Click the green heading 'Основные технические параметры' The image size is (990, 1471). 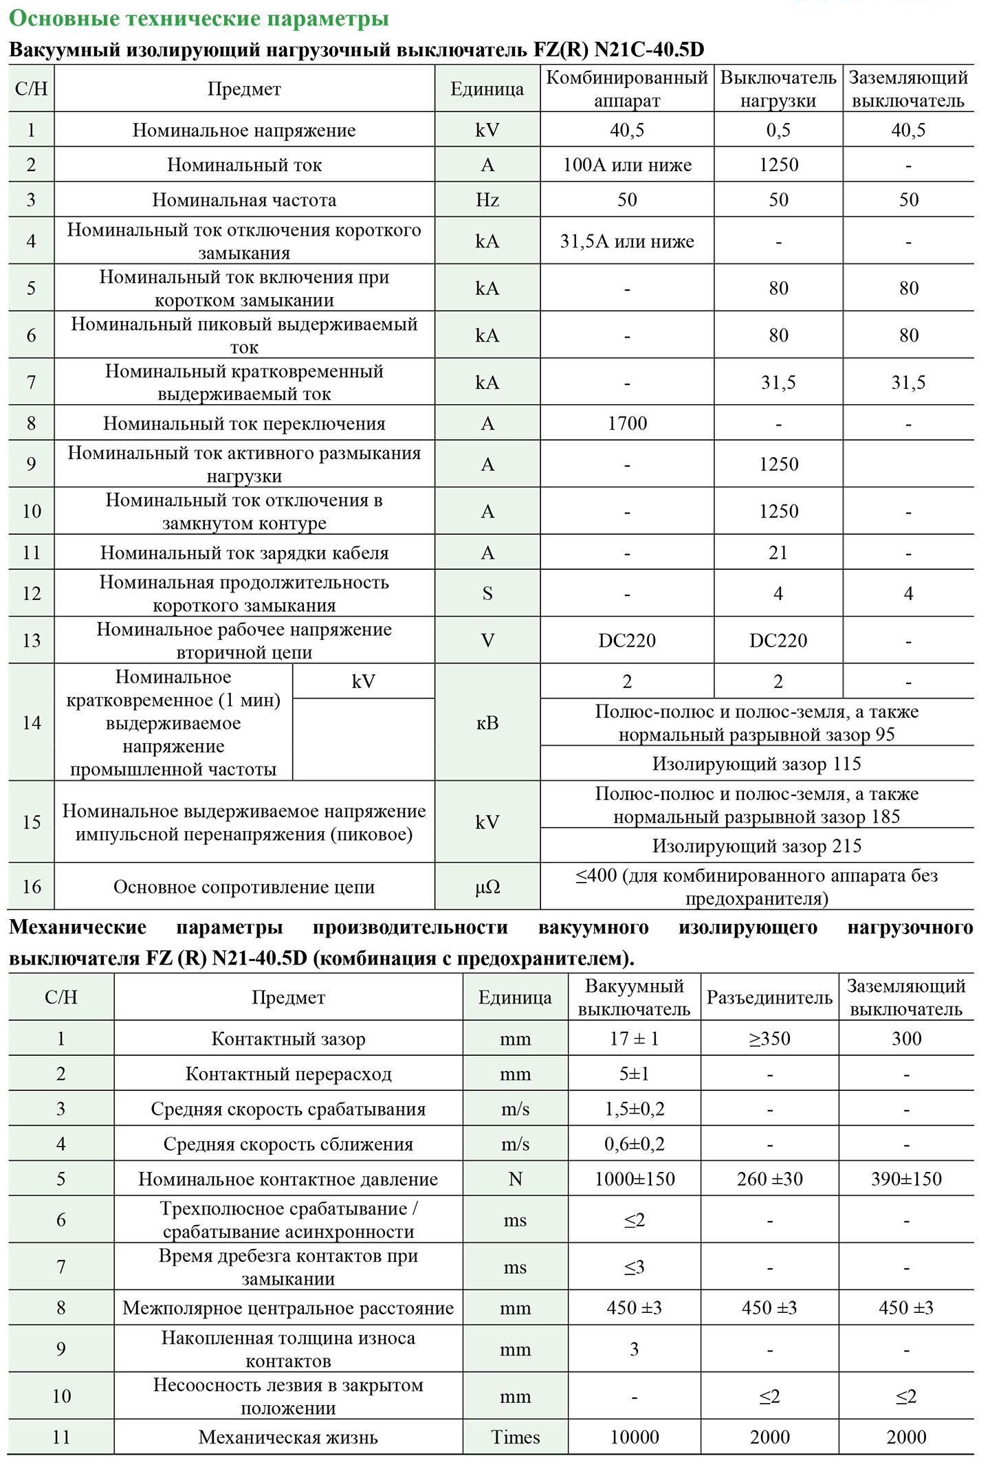pyautogui.click(x=199, y=19)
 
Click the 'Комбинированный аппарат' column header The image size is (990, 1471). pyautogui.click(x=626, y=89)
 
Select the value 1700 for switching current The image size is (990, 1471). pyautogui.click(x=627, y=423)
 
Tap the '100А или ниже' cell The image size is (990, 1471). pyautogui.click(x=627, y=165)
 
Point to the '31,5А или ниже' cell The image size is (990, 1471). pyautogui.click(x=627, y=241)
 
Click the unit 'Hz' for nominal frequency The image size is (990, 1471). pyautogui.click(x=487, y=200)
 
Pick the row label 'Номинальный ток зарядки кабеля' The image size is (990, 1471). pyautogui.click(x=244, y=553)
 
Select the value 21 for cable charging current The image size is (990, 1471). pyautogui.click(x=778, y=553)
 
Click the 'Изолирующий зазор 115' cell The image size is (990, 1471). pyautogui.click(x=756, y=764)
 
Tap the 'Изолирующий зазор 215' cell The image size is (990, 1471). pyautogui.click(x=756, y=846)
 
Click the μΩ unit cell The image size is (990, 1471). pyautogui.click(x=487, y=887)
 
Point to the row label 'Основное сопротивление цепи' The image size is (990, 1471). pyautogui.click(x=244, y=887)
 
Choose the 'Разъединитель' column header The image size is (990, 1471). pyautogui.click(x=769, y=998)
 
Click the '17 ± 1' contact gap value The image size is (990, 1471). pyautogui.click(x=634, y=1039)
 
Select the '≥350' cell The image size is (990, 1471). pyautogui.click(x=769, y=1039)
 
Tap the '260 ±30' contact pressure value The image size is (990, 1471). pyautogui.click(x=769, y=1179)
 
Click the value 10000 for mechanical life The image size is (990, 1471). pyautogui.click(x=634, y=1437)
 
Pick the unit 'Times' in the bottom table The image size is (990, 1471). pyautogui.click(x=515, y=1437)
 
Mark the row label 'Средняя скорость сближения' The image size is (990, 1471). pyautogui.click(x=288, y=1144)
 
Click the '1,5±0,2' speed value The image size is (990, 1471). pyautogui.click(x=634, y=1109)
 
